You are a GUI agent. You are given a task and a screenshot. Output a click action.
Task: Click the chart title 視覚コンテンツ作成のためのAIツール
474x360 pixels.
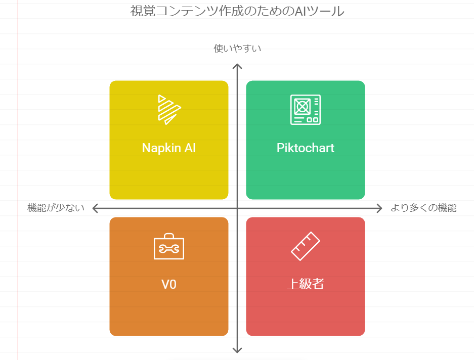[x=237, y=11]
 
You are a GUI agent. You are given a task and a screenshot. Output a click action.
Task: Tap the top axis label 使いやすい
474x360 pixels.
[x=237, y=49]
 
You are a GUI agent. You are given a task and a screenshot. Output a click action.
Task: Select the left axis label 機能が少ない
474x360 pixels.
[x=56, y=208]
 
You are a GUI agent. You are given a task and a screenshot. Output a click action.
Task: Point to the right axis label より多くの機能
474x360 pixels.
[x=423, y=208]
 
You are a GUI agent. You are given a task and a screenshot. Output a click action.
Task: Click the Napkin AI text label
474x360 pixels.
[x=168, y=148]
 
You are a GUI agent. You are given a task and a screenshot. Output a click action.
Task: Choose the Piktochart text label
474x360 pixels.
[x=306, y=148]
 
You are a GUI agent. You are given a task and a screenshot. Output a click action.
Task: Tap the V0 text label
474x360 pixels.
[x=168, y=285]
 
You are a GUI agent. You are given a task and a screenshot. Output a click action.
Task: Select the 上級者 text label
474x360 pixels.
[x=306, y=284]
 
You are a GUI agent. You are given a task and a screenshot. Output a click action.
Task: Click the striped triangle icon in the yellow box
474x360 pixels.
[x=169, y=110]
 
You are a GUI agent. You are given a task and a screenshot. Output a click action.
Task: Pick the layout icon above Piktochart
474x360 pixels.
[x=306, y=109]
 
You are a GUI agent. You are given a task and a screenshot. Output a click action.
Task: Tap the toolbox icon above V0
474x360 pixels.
[x=168, y=246]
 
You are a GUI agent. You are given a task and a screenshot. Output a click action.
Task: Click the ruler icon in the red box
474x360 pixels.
[x=306, y=246]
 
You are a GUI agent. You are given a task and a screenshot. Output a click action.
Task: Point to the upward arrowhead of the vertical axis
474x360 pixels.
[x=237, y=65]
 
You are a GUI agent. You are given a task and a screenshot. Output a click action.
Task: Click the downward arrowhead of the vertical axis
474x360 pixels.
[x=237, y=352]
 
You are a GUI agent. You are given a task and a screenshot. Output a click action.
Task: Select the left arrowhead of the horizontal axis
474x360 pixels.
[x=94, y=208]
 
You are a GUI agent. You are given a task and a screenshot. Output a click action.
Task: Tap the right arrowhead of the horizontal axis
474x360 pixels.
[x=381, y=208]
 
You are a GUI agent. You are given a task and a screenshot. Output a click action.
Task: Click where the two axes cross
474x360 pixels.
[x=237, y=208]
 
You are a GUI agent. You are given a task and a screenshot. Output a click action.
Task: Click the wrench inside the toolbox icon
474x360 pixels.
[x=168, y=249]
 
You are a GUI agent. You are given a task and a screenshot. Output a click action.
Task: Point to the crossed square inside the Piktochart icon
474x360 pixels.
[x=302, y=106]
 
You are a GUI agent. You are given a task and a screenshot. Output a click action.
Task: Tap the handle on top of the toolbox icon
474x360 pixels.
[x=168, y=235]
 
